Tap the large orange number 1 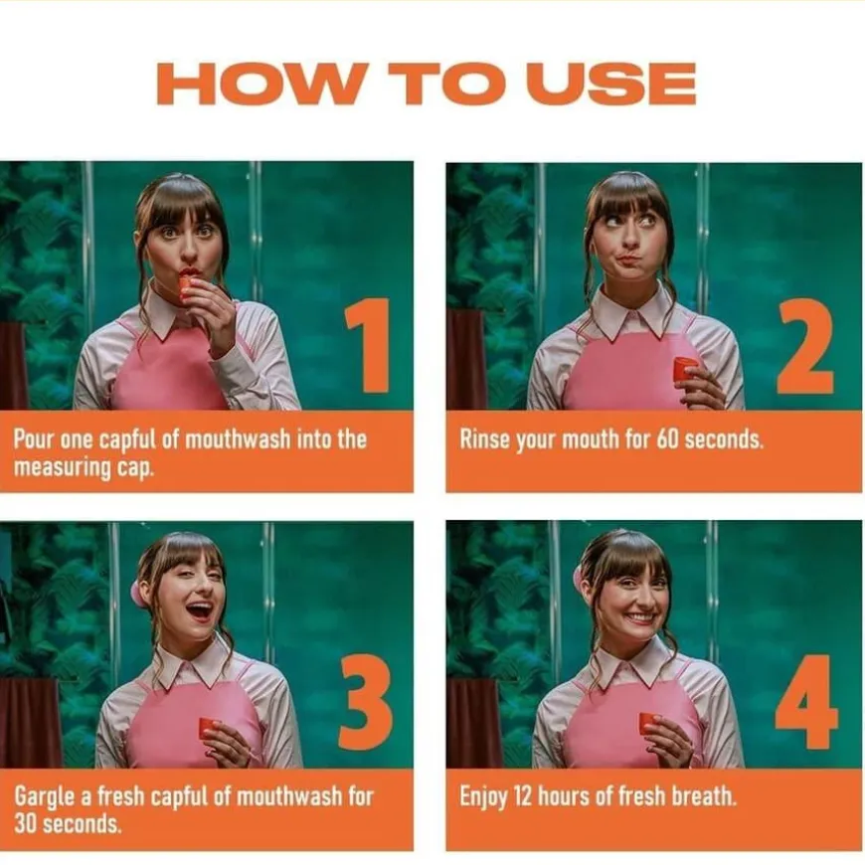[x=369, y=345]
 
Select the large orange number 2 [x=805, y=346]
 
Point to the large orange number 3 [x=366, y=701]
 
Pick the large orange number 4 [x=806, y=701]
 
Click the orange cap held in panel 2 [x=685, y=368]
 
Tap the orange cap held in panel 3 [x=210, y=728]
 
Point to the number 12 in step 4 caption [x=524, y=796]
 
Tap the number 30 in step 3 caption [x=26, y=824]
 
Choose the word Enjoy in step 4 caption [x=483, y=797]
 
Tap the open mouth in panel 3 [x=199, y=610]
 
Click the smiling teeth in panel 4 [x=640, y=616]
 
